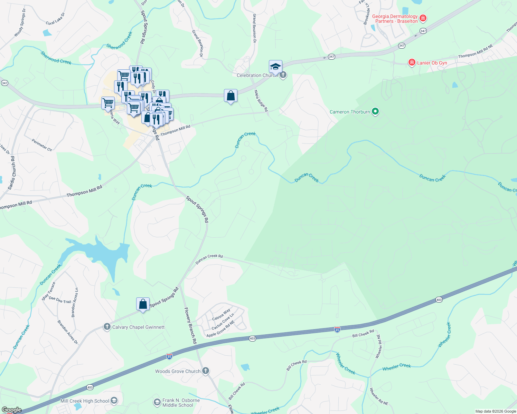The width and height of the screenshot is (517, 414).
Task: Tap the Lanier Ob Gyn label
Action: [x=432, y=63]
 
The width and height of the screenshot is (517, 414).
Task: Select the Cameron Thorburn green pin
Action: [x=375, y=111]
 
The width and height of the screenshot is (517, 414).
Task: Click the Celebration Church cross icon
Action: [x=283, y=75]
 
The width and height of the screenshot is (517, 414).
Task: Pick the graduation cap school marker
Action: [x=275, y=66]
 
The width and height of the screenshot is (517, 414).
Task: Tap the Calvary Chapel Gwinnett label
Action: [x=138, y=327]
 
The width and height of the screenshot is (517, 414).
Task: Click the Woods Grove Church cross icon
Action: [x=206, y=371]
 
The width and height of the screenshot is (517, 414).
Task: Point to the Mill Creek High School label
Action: [x=85, y=401]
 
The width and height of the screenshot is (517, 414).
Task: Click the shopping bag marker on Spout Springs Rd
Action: [x=143, y=304]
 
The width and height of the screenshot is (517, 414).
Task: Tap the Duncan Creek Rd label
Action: [x=209, y=259]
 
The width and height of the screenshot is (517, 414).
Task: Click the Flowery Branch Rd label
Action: [x=190, y=325]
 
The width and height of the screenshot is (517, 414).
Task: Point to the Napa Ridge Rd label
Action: [x=261, y=101]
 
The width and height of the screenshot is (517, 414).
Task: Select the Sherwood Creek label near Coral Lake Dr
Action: [x=56, y=58]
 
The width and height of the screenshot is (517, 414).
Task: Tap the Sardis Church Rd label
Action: [x=12, y=173]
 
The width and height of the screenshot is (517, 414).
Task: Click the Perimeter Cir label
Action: [x=42, y=145]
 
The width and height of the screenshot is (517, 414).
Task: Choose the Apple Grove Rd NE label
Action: [x=220, y=329]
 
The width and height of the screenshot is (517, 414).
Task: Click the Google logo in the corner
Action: [x=11, y=410]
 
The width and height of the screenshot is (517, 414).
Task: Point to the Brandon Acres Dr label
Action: [x=68, y=332]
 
